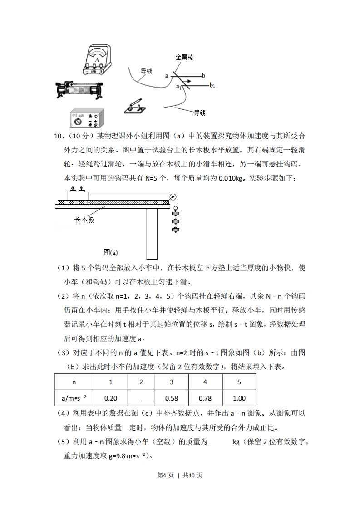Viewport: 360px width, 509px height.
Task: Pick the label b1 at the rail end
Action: (x=212, y=85)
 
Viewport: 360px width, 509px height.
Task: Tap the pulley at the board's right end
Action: (x=173, y=197)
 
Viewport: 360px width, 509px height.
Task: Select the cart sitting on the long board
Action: (x=78, y=196)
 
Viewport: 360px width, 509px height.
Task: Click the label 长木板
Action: (x=84, y=220)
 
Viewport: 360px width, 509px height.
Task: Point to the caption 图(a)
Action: (x=111, y=252)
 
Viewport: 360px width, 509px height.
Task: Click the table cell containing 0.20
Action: (x=110, y=398)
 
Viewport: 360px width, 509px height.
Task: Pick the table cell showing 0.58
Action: (x=171, y=398)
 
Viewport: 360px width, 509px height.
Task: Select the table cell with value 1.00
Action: (x=239, y=398)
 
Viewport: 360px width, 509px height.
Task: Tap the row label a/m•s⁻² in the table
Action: (x=74, y=398)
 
